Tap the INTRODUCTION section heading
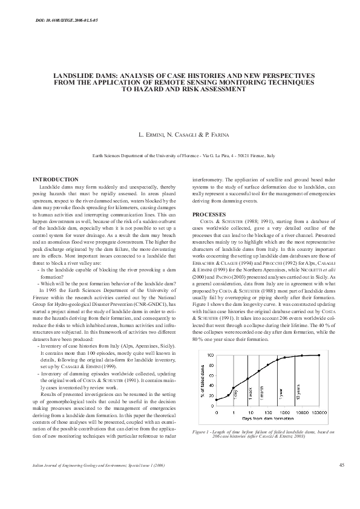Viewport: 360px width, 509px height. point(56,180)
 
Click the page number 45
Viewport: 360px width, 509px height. point(342,465)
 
